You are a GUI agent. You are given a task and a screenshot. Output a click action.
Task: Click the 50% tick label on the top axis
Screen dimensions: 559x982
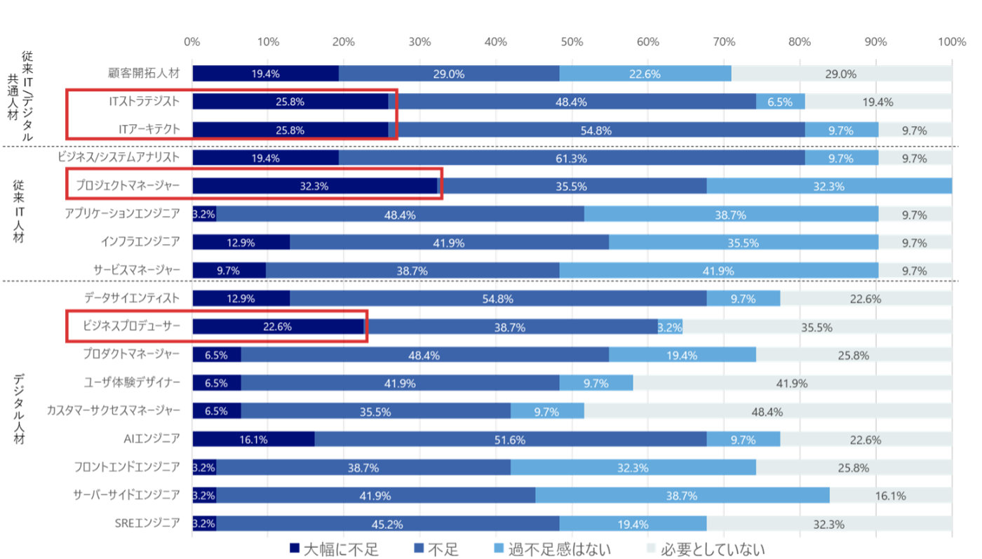click(571, 42)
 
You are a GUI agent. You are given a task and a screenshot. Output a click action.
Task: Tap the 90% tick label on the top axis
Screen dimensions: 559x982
click(875, 42)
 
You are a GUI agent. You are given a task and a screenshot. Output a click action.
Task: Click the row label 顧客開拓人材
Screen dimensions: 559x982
click(144, 74)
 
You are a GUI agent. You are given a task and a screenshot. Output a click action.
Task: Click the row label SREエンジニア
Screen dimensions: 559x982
click(147, 523)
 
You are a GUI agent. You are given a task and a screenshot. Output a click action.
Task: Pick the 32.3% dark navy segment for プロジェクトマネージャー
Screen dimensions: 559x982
click(314, 186)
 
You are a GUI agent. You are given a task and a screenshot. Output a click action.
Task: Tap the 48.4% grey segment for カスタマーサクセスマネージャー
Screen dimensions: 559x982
click(767, 411)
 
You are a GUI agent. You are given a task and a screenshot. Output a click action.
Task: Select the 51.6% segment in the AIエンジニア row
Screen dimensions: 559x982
click(510, 439)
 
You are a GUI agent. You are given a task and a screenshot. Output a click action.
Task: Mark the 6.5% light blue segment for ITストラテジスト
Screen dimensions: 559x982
click(780, 102)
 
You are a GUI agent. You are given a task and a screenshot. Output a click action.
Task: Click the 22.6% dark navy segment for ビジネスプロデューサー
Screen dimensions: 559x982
click(278, 327)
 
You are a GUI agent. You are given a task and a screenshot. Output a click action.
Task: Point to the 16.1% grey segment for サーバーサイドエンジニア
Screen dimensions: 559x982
click(890, 495)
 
